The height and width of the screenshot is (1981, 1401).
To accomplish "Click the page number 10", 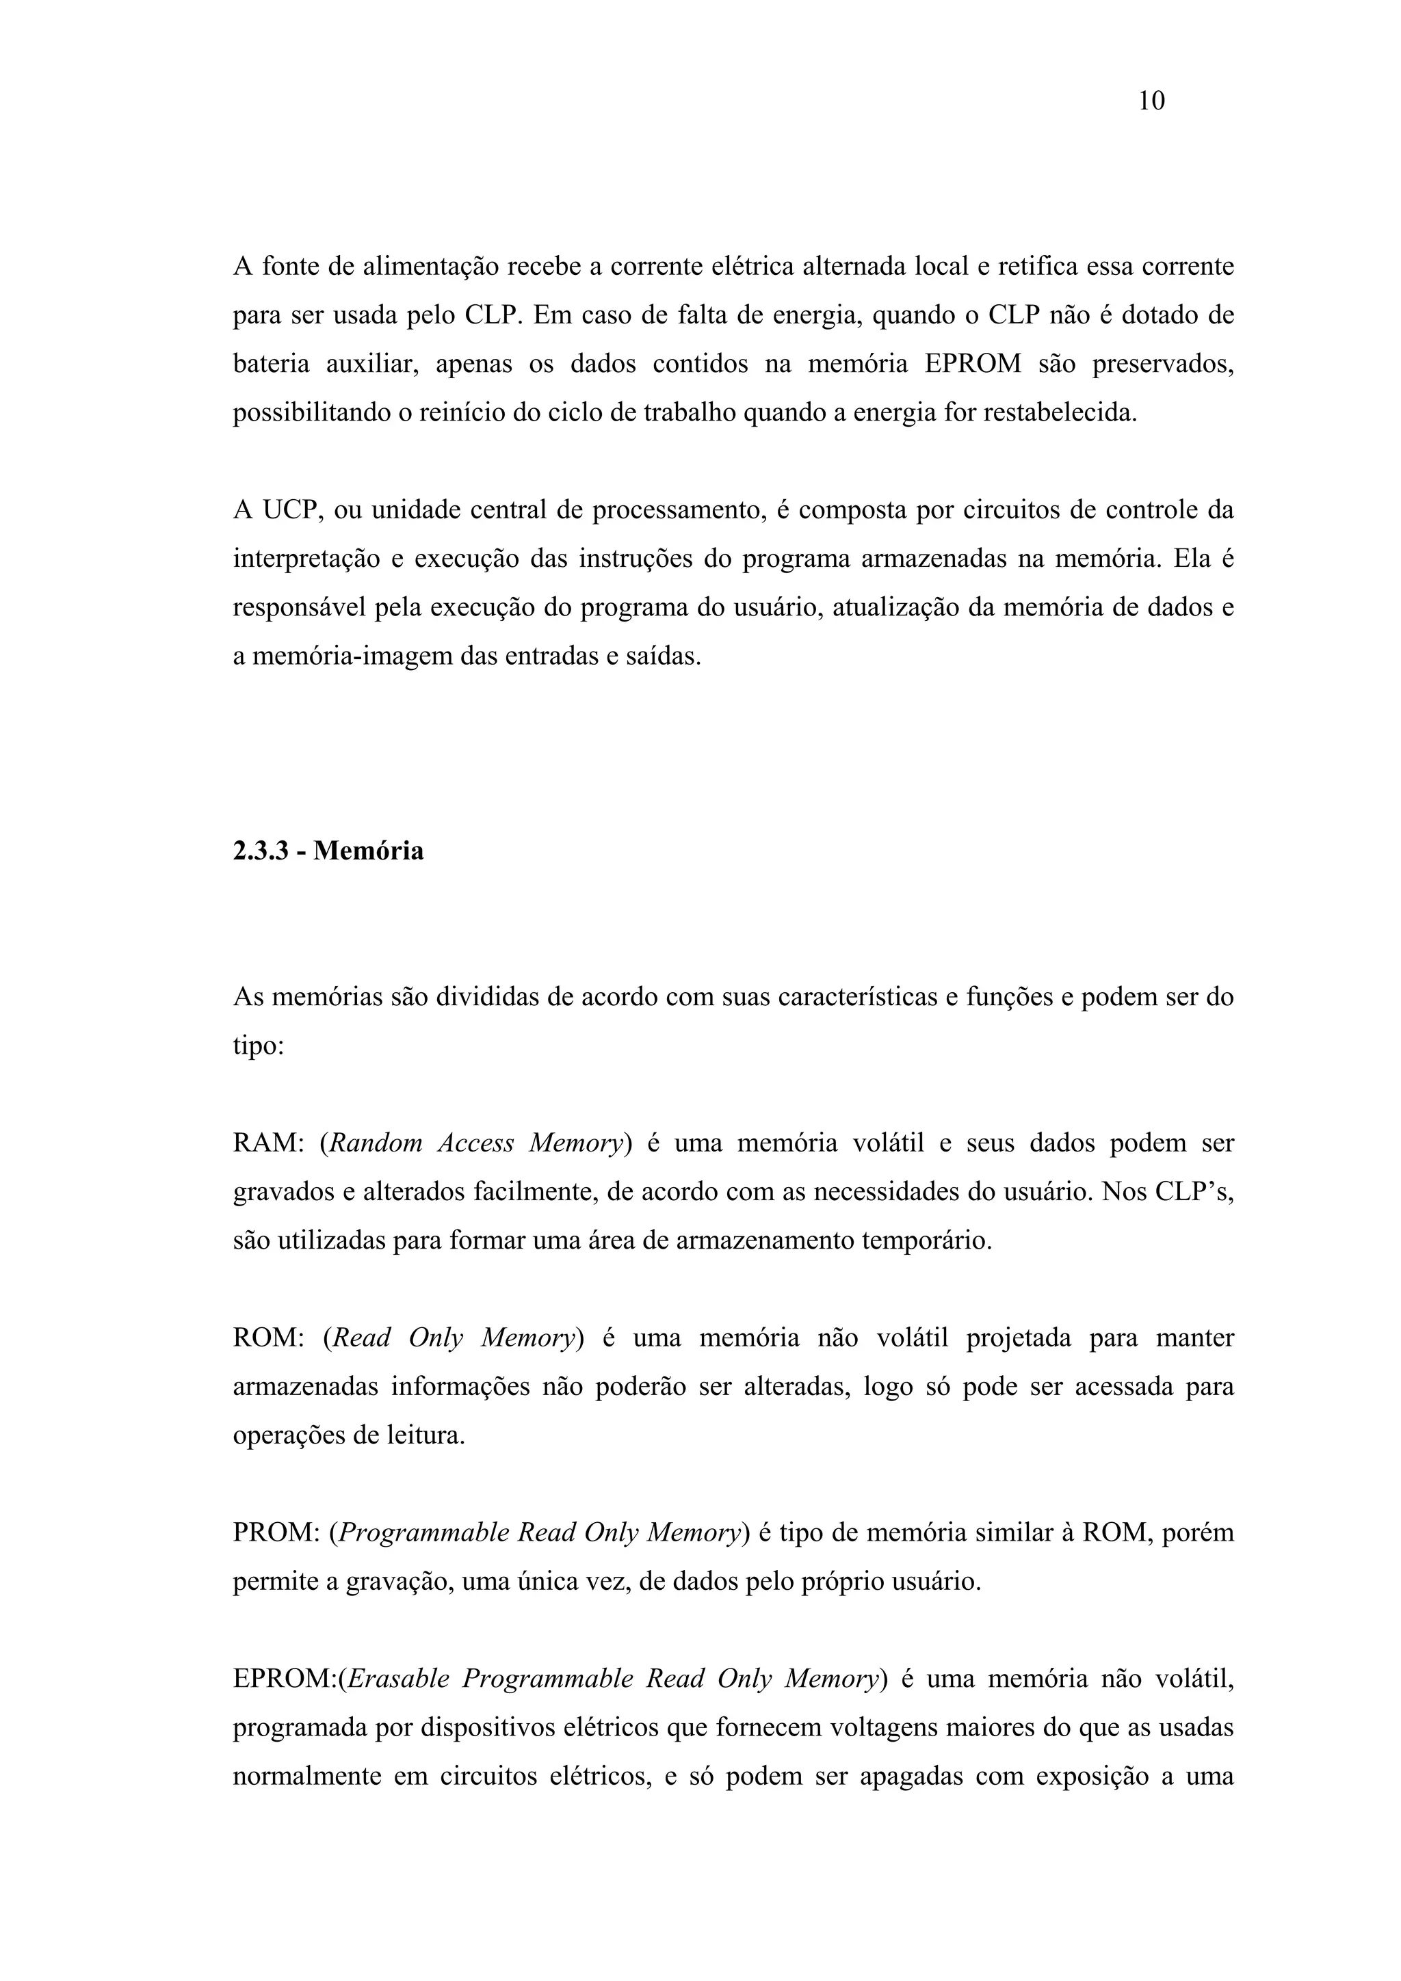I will click(x=1151, y=101).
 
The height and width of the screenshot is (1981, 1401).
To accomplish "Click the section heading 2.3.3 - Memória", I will click(x=328, y=851).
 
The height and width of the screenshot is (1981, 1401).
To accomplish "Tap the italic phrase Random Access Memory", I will click(x=475, y=1143).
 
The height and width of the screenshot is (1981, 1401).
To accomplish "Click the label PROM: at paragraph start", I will click(x=276, y=1533).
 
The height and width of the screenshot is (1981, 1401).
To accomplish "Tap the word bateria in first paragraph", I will click(x=271, y=364).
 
